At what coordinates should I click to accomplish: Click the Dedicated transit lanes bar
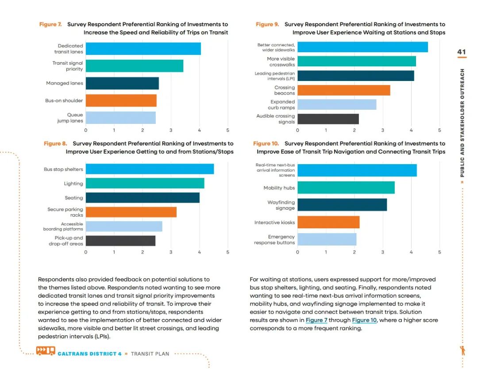143,49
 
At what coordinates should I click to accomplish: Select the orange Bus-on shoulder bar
121,100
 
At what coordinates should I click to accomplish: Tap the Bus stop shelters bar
150,169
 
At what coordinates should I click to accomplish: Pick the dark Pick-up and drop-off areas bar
120,241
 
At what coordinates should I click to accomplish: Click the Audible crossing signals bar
328,119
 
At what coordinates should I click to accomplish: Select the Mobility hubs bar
346,188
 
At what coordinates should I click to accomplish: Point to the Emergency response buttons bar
327,239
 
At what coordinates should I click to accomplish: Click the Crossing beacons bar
343,90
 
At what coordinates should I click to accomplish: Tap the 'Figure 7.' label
50,24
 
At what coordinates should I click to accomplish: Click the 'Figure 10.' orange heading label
266,143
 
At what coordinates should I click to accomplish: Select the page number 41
462,52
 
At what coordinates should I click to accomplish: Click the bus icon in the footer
46,351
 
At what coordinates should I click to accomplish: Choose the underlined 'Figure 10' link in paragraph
364,320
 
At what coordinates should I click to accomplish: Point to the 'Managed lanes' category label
64,83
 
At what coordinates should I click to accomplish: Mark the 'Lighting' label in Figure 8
73,184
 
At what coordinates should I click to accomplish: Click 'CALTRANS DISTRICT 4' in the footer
89,354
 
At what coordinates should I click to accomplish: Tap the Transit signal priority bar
134,66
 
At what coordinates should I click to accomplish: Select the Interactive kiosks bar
328,222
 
